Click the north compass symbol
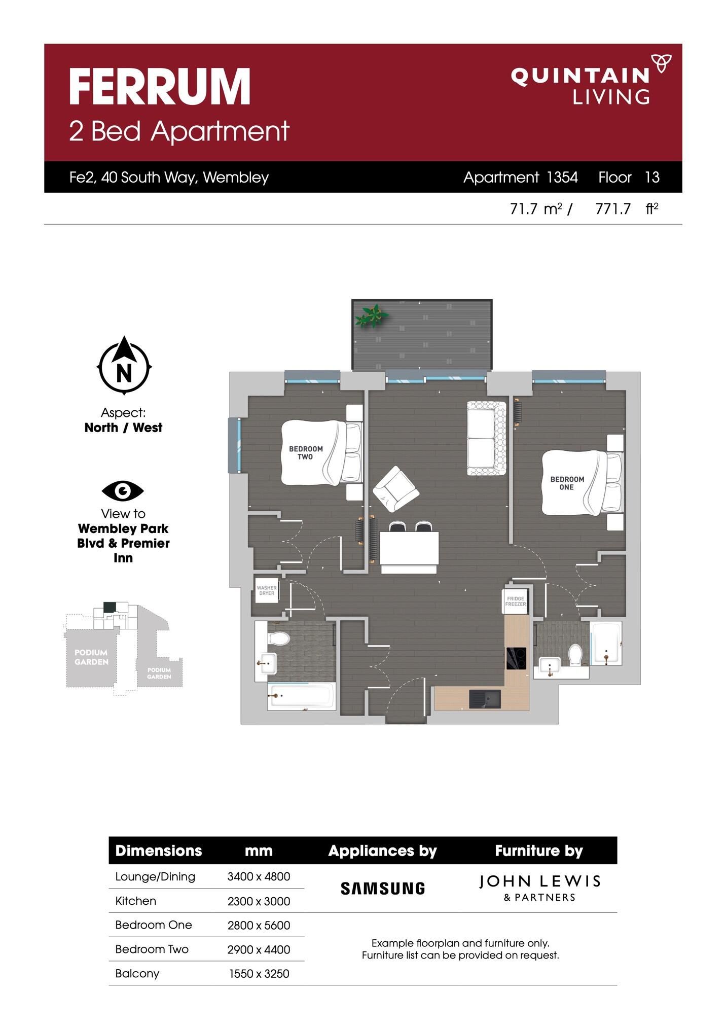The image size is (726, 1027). click(124, 365)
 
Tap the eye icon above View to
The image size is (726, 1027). click(123, 490)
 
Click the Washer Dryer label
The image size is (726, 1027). click(267, 590)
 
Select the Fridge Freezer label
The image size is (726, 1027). click(516, 601)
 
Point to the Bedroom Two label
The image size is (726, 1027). click(306, 452)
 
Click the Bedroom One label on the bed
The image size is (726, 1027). click(567, 483)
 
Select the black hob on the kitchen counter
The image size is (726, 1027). click(516, 658)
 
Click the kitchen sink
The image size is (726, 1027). click(485, 699)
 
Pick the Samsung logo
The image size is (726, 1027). click(383, 888)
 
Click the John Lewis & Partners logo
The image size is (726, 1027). click(539, 888)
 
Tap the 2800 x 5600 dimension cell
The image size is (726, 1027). click(259, 925)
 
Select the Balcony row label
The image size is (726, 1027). click(137, 973)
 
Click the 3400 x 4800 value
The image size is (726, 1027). click(259, 876)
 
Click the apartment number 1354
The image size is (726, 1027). click(562, 177)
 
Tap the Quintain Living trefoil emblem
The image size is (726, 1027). click(662, 64)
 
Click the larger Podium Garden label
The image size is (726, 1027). click(91, 657)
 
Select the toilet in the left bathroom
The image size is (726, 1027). click(278, 638)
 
